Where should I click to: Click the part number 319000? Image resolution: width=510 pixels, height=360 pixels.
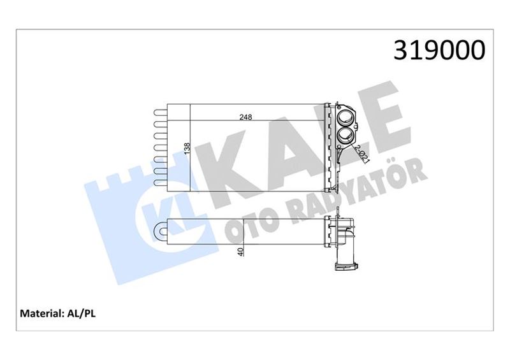[440, 50]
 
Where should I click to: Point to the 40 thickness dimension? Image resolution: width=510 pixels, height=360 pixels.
[240, 251]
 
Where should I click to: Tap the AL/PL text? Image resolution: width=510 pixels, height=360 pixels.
[80, 313]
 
